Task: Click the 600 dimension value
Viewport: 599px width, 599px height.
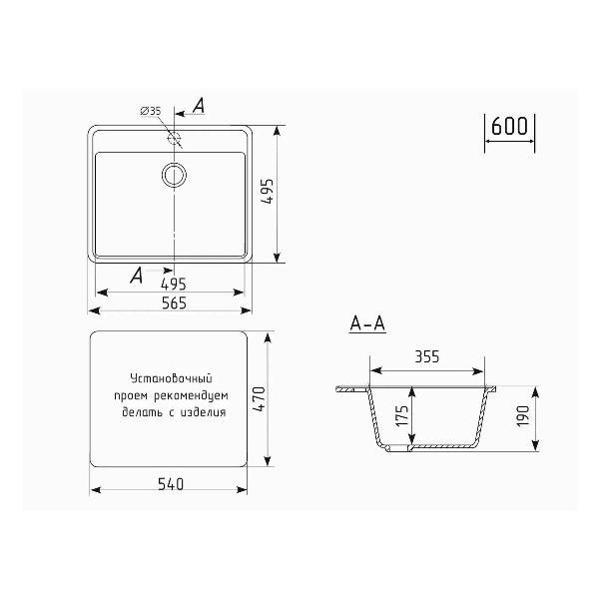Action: click(x=510, y=128)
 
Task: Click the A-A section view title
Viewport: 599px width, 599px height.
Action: click(x=367, y=323)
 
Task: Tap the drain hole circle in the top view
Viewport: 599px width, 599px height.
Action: click(x=174, y=175)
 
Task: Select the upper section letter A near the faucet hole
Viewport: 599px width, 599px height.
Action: click(x=199, y=106)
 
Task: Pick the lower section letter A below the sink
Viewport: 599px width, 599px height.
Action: click(x=135, y=274)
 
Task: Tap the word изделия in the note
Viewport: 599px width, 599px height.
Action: click(x=205, y=411)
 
